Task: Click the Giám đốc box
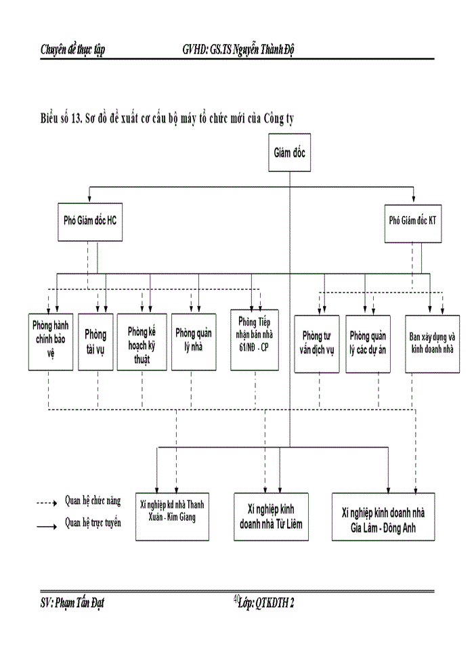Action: click(290, 153)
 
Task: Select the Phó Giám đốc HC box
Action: click(90, 219)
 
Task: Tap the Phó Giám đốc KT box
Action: click(412, 220)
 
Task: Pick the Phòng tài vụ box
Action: click(95, 342)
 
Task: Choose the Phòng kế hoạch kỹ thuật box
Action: click(142, 342)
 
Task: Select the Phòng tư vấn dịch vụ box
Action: click(318, 343)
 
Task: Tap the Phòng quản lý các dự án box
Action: click(368, 343)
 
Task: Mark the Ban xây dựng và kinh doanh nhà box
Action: click(432, 343)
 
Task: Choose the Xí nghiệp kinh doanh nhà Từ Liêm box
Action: click(271, 515)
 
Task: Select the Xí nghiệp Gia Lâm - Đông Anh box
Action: click(383, 516)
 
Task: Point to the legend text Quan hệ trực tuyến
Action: click(93, 523)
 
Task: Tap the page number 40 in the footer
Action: click(236, 598)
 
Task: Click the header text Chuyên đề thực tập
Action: click(72, 49)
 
